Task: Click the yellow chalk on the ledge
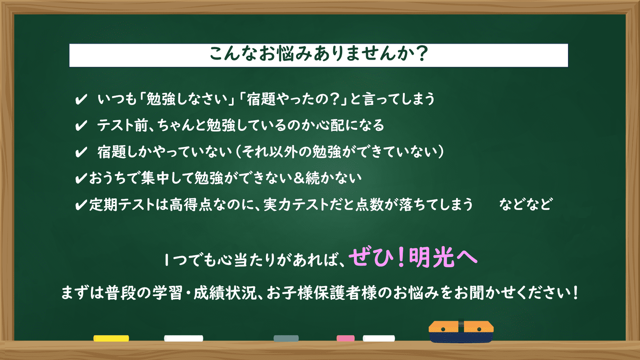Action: pos(111,338)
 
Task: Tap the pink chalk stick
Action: pos(346,338)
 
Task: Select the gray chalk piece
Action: pos(286,338)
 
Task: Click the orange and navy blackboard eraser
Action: pos(461,332)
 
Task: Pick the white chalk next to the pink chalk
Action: pos(378,338)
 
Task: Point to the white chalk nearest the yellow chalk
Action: pos(184,338)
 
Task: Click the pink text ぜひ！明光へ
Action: pos(413,258)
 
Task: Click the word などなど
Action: pos(526,204)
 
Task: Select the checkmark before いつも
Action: pos(81,100)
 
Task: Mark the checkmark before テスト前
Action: pos(81,126)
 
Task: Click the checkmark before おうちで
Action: pos(81,178)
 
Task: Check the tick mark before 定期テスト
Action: pos(81,205)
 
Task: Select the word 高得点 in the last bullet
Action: pos(191,204)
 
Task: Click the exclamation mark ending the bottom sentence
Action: pos(575,293)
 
